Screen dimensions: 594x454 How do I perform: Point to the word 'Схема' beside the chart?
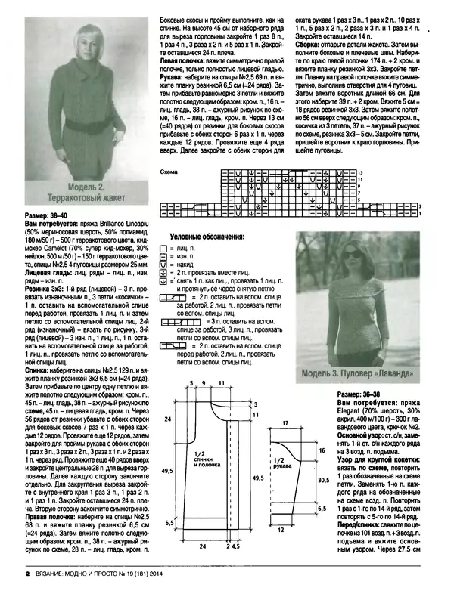[x=169, y=172]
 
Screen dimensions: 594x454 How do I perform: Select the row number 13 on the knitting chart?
[x=361, y=173]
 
